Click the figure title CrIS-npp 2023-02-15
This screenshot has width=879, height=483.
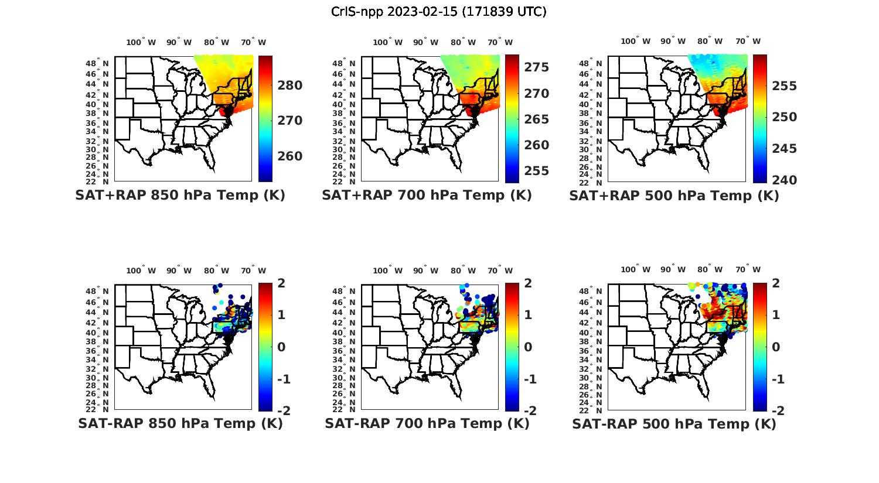tap(438, 12)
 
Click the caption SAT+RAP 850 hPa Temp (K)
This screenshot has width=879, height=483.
tap(180, 196)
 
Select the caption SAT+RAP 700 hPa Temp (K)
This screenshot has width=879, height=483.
tap(427, 196)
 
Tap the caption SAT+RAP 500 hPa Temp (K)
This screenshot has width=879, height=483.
tap(674, 196)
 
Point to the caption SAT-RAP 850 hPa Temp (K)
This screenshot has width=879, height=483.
tap(180, 423)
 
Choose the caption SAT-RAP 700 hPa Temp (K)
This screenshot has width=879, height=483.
tap(427, 423)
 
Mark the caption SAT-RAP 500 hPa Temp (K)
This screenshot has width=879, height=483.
tap(674, 424)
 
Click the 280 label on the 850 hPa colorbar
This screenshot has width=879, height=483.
tap(290, 85)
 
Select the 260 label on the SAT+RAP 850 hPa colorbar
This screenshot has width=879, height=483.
tap(290, 156)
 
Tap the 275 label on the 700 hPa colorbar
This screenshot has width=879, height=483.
tap(537, 67)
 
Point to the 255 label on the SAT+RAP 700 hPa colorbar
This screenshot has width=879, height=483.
tap(537, 171)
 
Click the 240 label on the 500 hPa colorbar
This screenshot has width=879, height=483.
tap(785, 180)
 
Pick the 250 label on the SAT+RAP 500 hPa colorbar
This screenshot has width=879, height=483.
tap(785, 117)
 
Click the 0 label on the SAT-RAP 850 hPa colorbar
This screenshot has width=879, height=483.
tap(281, 347)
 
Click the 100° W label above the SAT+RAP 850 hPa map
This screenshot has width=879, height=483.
tap(141, 42)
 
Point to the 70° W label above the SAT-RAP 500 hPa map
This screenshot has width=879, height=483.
tap(748, 269)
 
